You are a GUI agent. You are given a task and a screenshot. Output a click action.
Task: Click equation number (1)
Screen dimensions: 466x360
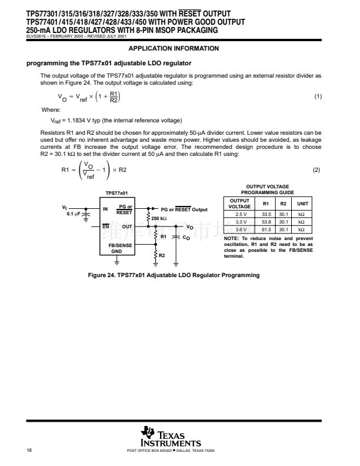[x=318, y=96]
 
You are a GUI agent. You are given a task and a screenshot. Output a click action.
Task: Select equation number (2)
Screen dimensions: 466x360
[x=318, y=170]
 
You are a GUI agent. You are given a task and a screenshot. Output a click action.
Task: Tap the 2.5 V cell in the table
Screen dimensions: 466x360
[x=241, y=214]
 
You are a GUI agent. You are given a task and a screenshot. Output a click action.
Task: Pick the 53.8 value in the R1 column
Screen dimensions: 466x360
[x=266, y=222]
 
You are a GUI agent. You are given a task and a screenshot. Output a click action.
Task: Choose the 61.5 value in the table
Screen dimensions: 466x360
[x=266, y=229]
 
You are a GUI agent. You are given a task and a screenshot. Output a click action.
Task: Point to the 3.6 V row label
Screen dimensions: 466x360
[x=241, y=229]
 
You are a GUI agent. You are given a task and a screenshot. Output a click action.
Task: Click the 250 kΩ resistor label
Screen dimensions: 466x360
[x=159, y=218]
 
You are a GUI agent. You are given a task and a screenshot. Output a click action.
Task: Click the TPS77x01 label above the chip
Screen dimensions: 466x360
[x=116, y=192]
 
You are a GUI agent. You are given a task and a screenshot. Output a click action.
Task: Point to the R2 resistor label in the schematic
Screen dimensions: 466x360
[x=162, y=255]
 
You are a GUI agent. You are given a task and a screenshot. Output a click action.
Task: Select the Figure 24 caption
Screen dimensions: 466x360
[x=173, y=275]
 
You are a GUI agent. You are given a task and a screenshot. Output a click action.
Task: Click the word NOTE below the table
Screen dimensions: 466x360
[x=231, y=238]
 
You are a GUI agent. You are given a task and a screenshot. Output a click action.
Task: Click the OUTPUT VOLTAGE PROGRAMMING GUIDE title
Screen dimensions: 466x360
[x=268, y=189]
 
